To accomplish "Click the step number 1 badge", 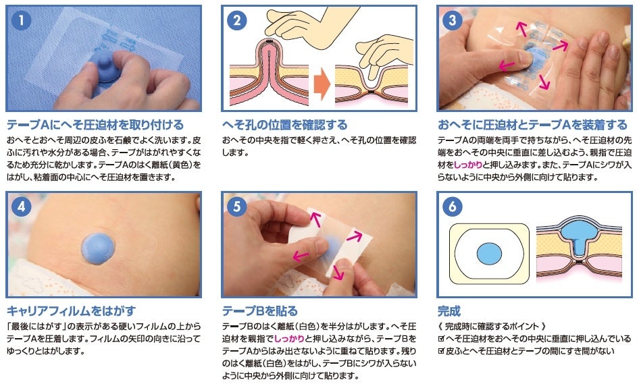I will (22, 21).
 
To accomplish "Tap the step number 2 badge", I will (237, 21).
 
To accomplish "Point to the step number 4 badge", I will (22, 207).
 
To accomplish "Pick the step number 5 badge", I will (237, 207).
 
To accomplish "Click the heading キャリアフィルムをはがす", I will (71, 311).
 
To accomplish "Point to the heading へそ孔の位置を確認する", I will (284, 125).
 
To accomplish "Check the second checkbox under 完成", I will (441, 351).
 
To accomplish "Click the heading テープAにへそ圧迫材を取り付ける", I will (95, 125).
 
